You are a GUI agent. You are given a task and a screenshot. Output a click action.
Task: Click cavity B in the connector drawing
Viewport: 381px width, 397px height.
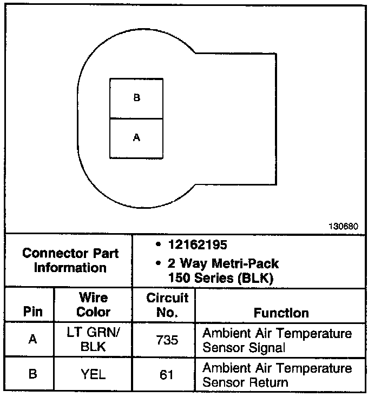(x=136, y=98)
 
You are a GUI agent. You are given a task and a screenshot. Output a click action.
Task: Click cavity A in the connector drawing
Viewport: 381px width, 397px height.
(x=136, y=138)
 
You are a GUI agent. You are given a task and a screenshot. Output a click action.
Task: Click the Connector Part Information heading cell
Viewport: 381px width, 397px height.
(x=70, y=260)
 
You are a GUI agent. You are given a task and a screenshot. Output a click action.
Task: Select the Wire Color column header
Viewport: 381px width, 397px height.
(x=93, y=305)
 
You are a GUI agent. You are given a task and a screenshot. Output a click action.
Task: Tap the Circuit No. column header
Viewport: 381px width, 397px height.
(x=167, y=305)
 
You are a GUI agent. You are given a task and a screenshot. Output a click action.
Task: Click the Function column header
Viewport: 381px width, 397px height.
(x=281, y=313)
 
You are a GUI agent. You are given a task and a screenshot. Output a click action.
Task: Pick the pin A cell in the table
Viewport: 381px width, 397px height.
(x=32, y=339)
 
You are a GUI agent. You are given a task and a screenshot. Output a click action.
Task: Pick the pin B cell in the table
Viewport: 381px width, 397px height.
(x=32, y=374)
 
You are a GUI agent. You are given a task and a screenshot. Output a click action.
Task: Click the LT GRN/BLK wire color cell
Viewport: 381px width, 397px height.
(x=93, y=340)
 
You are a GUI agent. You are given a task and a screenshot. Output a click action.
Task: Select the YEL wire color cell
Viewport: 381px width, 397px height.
(x=93, y=374)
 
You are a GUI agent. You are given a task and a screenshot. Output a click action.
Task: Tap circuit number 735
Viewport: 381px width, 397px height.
(x=167, y=339)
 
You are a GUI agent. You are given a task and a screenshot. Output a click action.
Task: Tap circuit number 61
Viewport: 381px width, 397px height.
(x=167, y=374)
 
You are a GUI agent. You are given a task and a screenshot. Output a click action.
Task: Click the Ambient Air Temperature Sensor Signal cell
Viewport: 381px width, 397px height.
(x=277, y=340)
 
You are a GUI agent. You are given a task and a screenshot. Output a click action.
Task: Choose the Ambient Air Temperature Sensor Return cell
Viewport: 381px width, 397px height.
(x=277, y=375)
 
